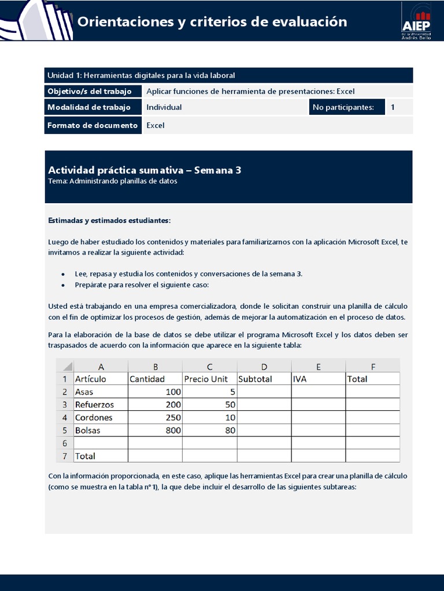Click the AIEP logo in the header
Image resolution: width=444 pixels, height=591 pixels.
pyautogui.click(x=416, y=21)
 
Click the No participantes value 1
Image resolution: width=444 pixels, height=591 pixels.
pyautogui.click(x=393, y=107)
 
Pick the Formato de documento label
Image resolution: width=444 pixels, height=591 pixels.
pyautogui.click(x=92, y=125)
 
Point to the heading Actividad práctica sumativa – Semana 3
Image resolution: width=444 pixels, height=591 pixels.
pyautogui.click(x=145, y=170)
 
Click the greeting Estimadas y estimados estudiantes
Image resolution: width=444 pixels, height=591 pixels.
pyautogui.click(x=109, y=221)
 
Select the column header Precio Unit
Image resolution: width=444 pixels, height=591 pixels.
pyautogui.click(x=206, y=379)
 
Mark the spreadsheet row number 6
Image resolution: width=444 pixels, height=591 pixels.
pyautogui.click(x=65, y=443)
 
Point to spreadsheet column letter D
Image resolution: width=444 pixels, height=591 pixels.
pyautogui.click(x=264, y=366)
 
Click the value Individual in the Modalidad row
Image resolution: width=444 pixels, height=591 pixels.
pyautogui.click(x=164, y=107)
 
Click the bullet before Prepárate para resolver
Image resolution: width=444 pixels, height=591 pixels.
pyautogui.click(x=62, y=285)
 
